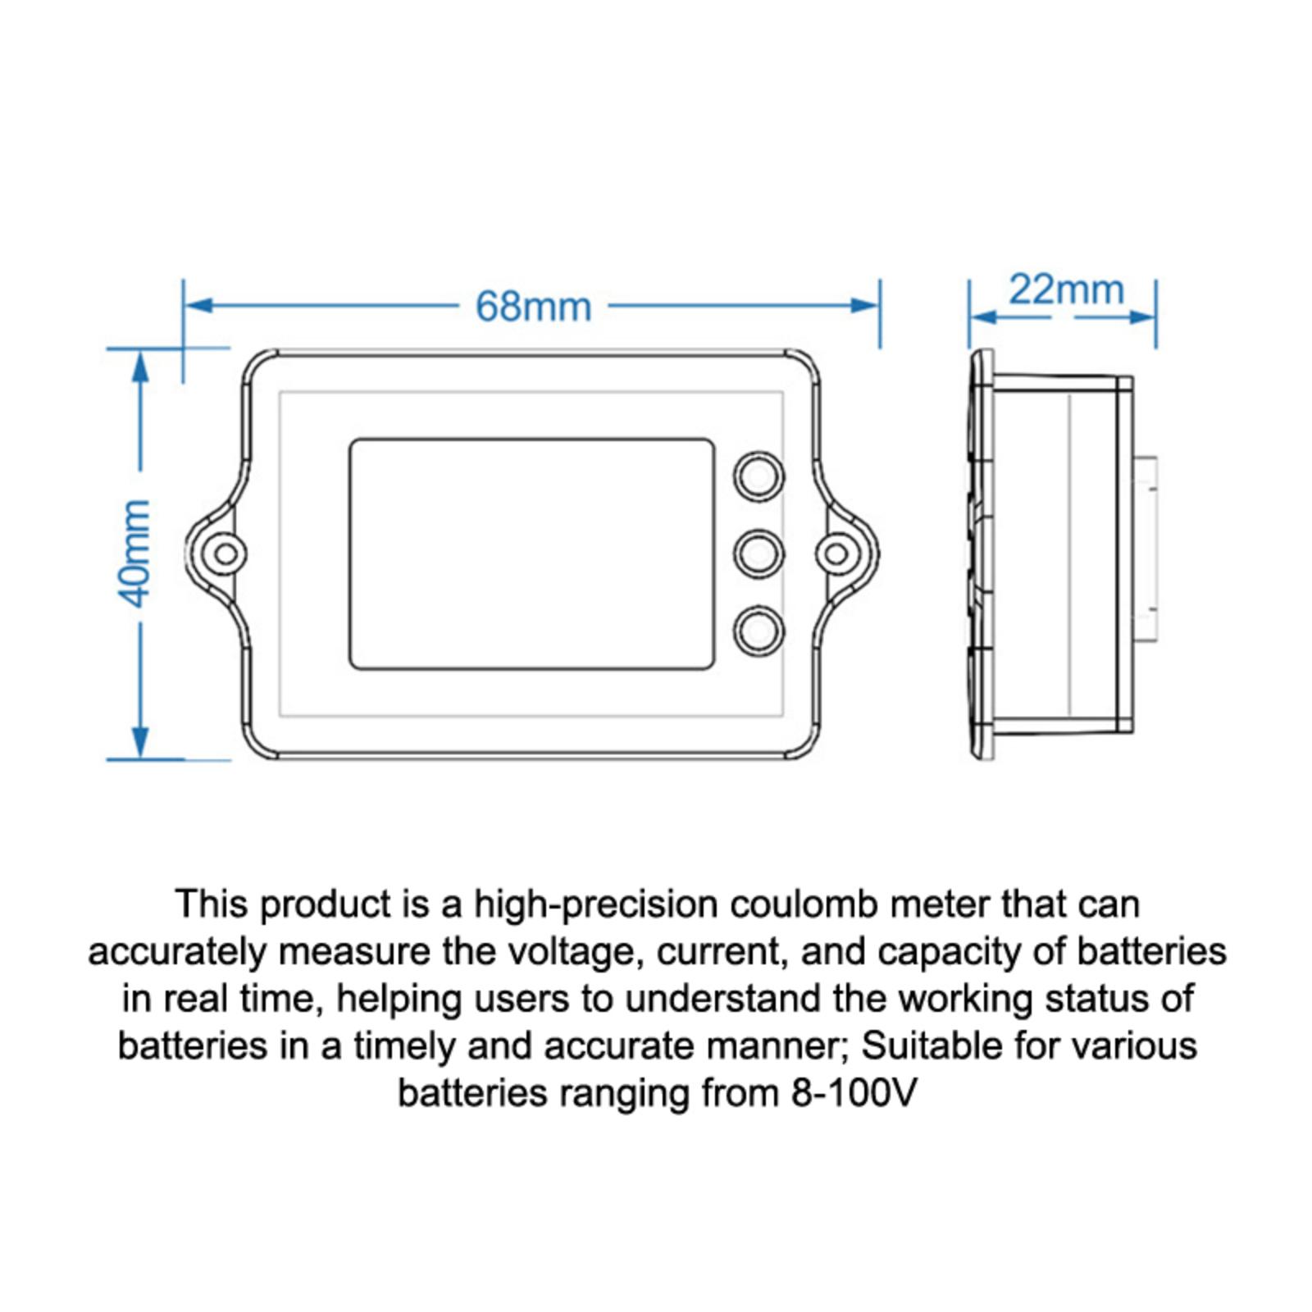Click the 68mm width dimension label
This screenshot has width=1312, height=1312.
tap(533, 307)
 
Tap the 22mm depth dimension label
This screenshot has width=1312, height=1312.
tap(1066, 289)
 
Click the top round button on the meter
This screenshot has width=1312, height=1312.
tap(758, 476)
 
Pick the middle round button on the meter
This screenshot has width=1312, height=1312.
tap(758, 553)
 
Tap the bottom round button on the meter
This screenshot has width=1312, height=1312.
tap(758, 631)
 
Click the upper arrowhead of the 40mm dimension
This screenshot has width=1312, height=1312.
tap(140, 366)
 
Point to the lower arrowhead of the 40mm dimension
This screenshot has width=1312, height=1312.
tap(140, 742)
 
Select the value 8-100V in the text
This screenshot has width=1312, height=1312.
tap(854, 1094)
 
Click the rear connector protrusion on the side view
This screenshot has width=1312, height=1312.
tap(1147, 549)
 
